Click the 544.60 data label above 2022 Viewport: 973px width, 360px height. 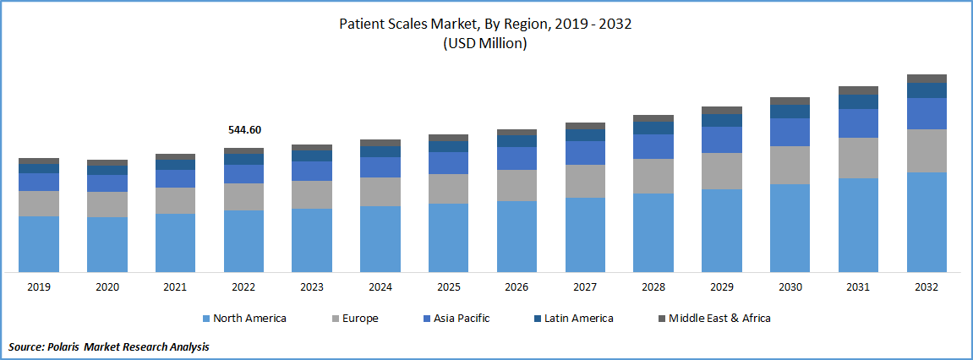(244, 130)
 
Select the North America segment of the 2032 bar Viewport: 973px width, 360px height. (927, 221)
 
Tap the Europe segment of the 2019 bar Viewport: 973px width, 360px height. (39, 203)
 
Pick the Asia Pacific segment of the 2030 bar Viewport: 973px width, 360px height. (790, 132)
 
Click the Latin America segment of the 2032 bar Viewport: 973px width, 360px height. (927, 90)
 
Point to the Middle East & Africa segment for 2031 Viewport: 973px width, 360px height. (858, 90)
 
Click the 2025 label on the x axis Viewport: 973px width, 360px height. (448, 287)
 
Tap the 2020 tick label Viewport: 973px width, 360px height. (107, 287)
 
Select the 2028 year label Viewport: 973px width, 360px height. (653, 287)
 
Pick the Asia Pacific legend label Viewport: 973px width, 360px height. (462, 319)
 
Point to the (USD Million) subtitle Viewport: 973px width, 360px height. (485, 44)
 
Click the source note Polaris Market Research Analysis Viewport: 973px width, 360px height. (109, 346)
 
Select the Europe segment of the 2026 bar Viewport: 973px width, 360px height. (517, 185)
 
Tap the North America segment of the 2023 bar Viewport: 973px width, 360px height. (312, 240)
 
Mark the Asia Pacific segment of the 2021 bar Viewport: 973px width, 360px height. (175, 178)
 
